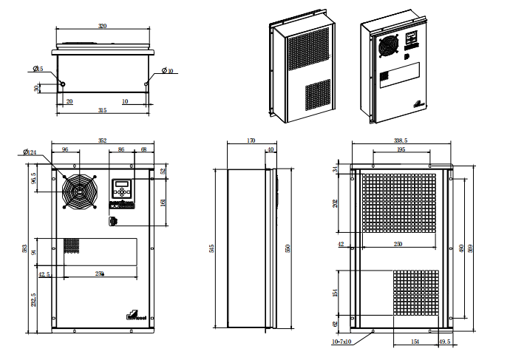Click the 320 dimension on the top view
[x=103, y=26]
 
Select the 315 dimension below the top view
[x=103, y=109]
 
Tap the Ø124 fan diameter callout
[x=30, y=152]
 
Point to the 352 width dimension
[x=103, y=140]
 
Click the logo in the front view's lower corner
[x=134, y=315]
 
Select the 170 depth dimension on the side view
[x=251, y=140]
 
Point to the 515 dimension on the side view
[x=213, y=248]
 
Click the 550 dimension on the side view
[x=288, y=248]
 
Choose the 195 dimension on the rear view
[x=401, y=150]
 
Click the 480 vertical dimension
[x=461, y=248]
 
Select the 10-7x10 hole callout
[x=341, y=342]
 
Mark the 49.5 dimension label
[x=444, y=342]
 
